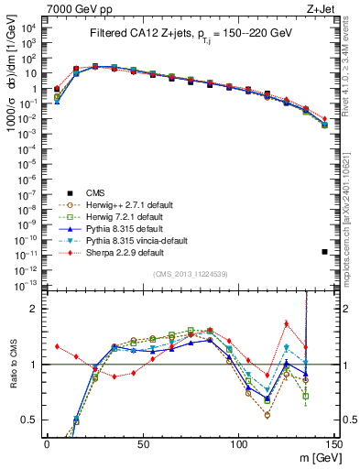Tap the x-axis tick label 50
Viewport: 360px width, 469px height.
coord(142,443)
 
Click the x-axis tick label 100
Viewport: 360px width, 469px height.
coord(238,443)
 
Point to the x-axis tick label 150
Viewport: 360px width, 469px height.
coord(333,443)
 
